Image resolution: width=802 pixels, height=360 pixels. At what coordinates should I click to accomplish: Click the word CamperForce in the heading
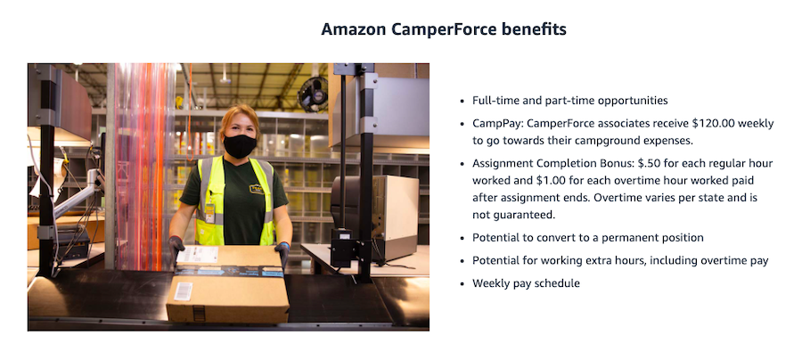point(444,29)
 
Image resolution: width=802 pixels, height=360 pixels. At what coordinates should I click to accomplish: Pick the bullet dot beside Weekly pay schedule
point(462,283)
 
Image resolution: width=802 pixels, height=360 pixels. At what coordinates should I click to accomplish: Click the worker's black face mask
point(240,146)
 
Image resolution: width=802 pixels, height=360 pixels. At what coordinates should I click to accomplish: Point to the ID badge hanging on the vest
point(209,213)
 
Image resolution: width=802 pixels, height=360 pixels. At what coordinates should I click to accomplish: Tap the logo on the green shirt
point(257,189)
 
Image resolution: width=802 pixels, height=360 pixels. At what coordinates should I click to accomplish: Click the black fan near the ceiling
point(313,94)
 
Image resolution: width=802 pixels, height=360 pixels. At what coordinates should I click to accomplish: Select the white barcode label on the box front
point(184,291)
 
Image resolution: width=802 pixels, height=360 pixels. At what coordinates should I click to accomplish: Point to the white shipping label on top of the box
point(198,254)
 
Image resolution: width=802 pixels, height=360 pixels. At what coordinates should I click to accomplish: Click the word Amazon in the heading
point(354,29)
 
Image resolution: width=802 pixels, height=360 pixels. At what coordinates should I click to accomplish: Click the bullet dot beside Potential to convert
point(462,238)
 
